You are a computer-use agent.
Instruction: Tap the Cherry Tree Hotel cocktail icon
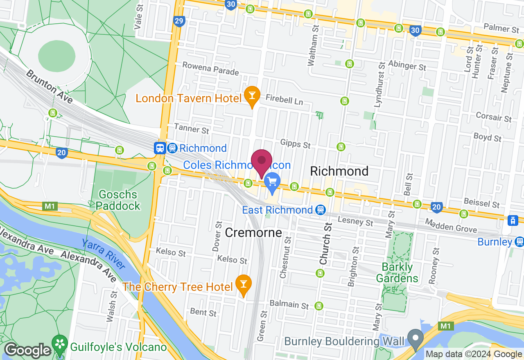click(x=244, y=283)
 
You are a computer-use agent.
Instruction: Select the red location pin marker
click(x=262, y=160)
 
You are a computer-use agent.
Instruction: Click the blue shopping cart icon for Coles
click(x=272, y=181)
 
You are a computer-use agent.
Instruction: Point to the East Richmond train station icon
click(x=321, y=210)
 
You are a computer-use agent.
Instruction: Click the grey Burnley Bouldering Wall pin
click(x=416, y=338)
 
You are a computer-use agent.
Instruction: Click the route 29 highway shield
click(x=179, y=21)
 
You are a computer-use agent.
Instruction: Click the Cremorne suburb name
click(x=253, y=233)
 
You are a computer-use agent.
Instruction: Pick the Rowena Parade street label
click(x=210, y=68)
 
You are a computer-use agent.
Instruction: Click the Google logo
click(x=27, y=350)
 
